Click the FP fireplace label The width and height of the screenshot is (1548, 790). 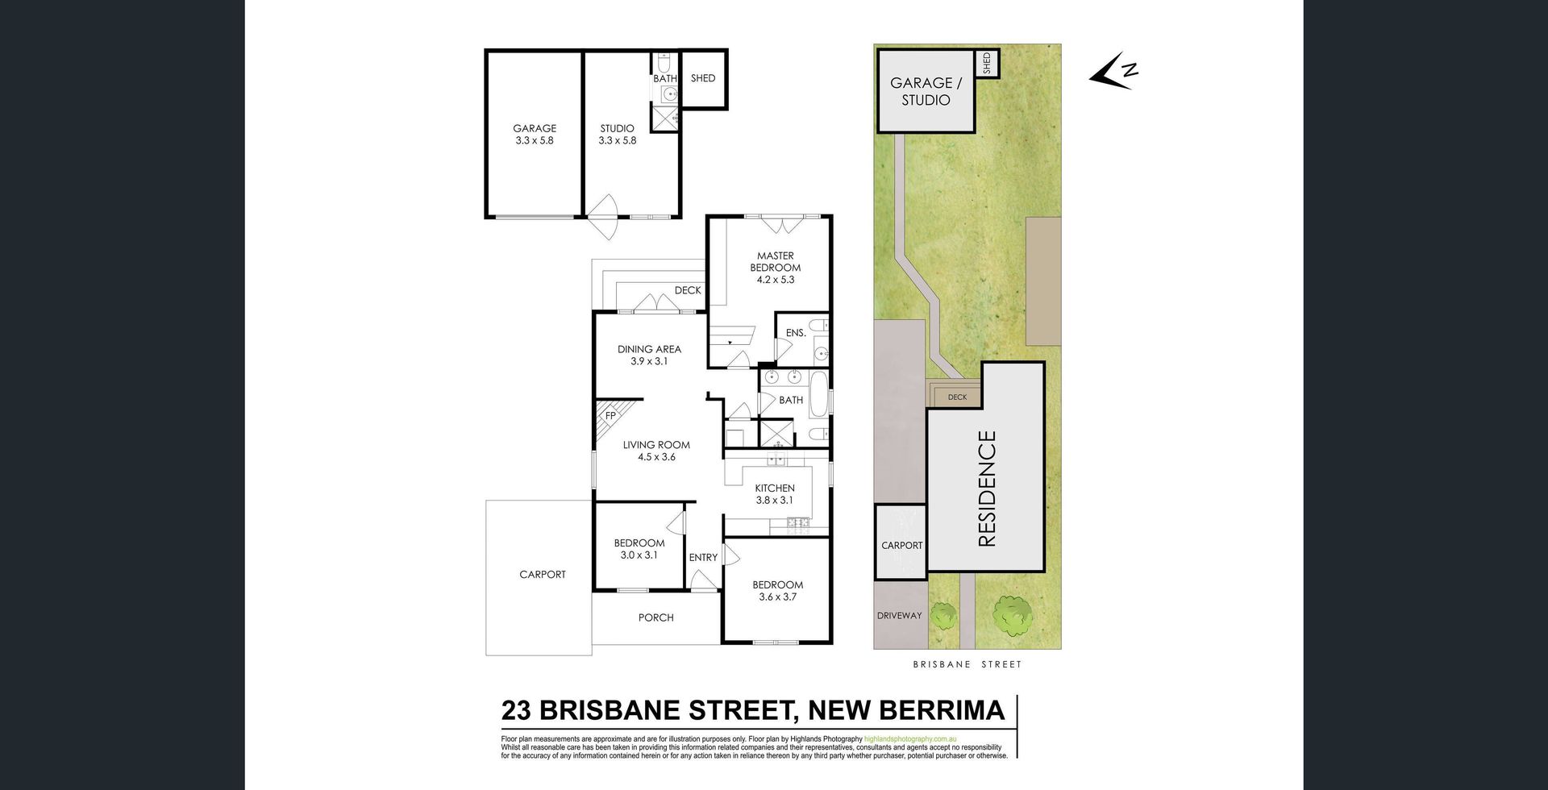coord(610,416)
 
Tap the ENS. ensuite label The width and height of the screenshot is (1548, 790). coord(796,333)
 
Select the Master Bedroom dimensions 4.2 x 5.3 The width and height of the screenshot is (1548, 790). coord(776,280)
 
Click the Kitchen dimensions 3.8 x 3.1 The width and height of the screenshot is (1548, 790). coord(775,500)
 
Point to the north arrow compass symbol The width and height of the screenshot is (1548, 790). coord(1113,70)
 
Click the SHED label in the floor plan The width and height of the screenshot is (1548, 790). coord(703,78)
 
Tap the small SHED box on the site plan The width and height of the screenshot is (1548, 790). coord(987,63)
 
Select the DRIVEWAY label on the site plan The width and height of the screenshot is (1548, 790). coord(899,616)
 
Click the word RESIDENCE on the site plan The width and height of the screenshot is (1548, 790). coord(987,489)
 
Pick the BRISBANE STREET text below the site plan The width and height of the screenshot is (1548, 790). coord(967,664)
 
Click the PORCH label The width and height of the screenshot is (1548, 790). coord(656,617)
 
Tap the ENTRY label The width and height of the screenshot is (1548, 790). coord(703,557)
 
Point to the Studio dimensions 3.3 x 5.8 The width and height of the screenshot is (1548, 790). coord(618,140)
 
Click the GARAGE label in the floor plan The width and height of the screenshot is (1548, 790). coord(535,128)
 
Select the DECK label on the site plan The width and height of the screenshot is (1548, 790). coord(957,397)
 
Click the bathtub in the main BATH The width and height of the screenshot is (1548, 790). coord(818,393)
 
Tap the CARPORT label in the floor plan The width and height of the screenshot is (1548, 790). coord(543,575)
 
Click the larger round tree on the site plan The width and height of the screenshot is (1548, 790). coord(1012,615)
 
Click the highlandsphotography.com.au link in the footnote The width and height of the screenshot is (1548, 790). coord(910,739)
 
